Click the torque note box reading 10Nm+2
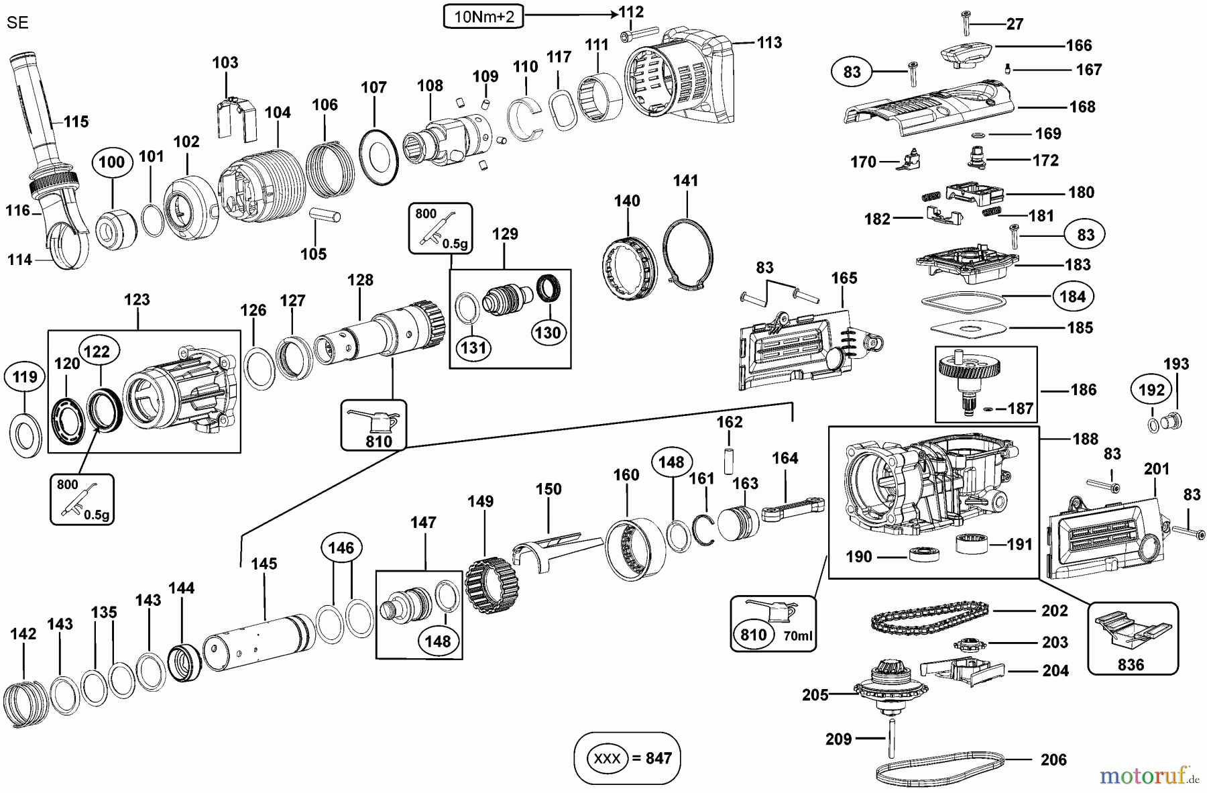tap(483, 17)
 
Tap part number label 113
tap(769, 42)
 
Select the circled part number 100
tap(111, 162)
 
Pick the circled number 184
tap(1072, 296)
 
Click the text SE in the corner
tap(17, 23)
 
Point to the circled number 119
tap(25, 377)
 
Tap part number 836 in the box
tap(1131, 664)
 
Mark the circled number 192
tap(1152, 390)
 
